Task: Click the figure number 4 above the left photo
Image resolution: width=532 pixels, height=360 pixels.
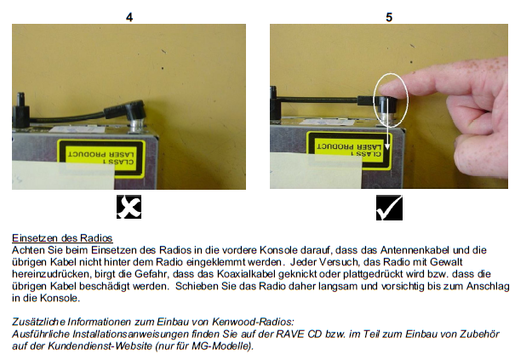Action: point(129,17)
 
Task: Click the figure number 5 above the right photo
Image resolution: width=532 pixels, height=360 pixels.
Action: point(389,17)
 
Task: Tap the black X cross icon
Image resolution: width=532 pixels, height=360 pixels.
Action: point(129,207)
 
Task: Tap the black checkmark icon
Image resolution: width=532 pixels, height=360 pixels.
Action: point(389,208)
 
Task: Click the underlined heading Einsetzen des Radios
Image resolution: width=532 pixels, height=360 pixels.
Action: point(62,237)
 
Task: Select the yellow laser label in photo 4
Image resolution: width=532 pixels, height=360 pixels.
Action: point(101,158)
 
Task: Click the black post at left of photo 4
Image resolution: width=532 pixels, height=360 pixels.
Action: point(20,109)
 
